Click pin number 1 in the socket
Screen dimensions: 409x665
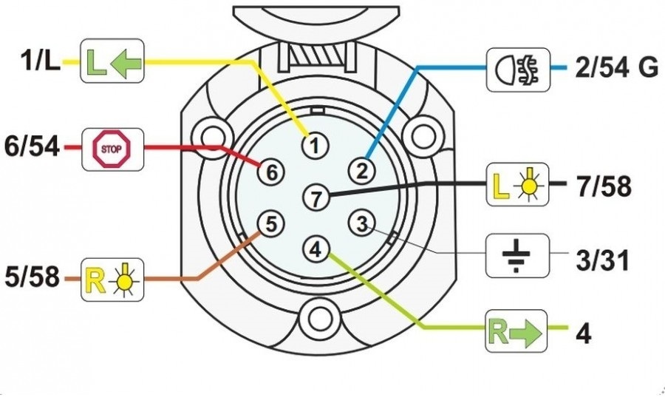316,145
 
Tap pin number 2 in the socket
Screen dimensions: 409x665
361,172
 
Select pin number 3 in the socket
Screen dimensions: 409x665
361,223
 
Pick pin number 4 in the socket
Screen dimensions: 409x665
316,250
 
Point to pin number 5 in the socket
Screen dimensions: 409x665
271,223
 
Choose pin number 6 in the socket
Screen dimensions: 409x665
271,172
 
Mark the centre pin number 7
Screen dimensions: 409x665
316,197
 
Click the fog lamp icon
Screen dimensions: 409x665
518,71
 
